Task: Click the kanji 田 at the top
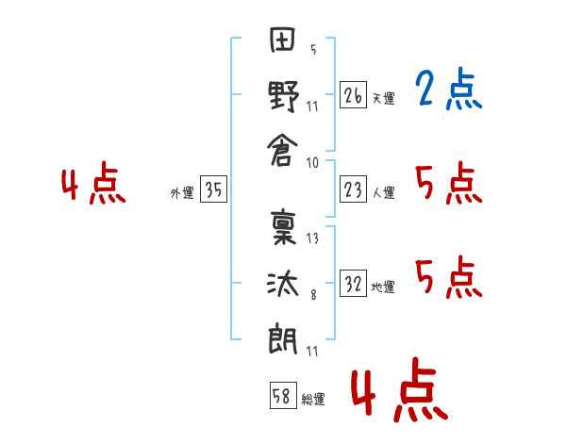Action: (283, 39)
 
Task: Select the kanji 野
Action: (283, 96)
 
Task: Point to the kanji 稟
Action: (283, 227)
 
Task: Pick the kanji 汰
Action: (283, 284)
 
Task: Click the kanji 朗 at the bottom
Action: (283, 339)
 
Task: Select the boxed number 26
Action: (353, 95)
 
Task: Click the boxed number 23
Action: (353, 189)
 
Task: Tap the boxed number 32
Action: (353, 284)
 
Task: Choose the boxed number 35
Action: (213, 189)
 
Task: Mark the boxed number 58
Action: (283, 396)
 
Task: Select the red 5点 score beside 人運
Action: (449, 183)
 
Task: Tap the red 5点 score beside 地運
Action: (449, 277)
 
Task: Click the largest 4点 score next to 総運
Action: (400, 389)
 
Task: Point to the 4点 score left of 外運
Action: (93, 183)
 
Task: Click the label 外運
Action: (182, 193)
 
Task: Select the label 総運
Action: (313, 399)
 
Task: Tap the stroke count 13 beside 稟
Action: (312, 238)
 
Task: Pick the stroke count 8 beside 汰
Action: (313, 295)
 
